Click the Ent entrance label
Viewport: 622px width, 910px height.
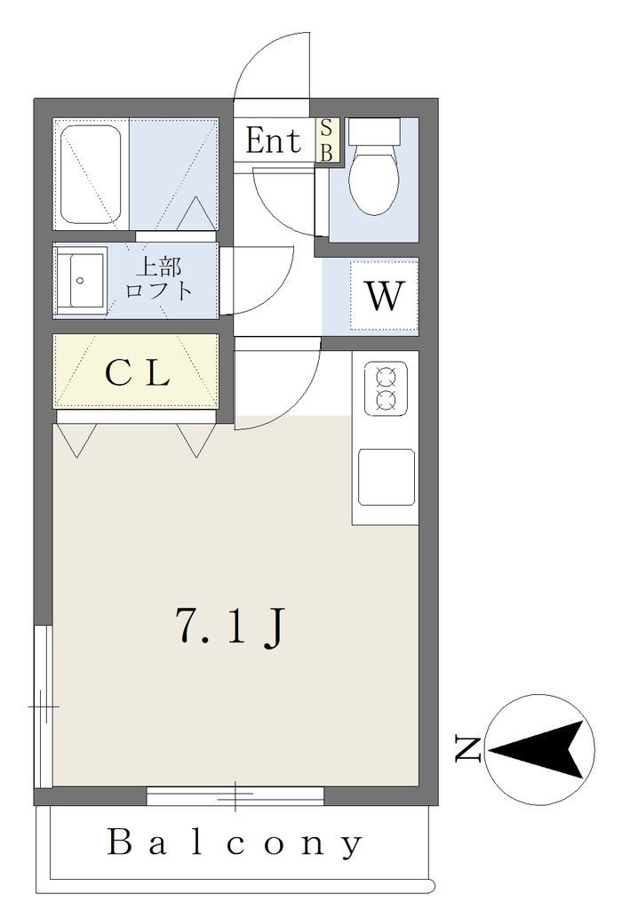274,140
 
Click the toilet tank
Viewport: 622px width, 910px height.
374,132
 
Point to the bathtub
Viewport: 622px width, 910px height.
92,175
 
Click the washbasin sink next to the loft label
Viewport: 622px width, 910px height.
81,281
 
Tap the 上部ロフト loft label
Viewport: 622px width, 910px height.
158,278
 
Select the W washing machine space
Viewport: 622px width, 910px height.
384,295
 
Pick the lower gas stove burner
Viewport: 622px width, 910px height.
387,399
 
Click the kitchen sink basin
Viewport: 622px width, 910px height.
387,477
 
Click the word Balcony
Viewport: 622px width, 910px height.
235,842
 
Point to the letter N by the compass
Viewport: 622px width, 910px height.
467,748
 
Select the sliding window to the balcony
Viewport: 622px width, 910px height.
235,795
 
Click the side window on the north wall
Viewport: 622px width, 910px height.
44,706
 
